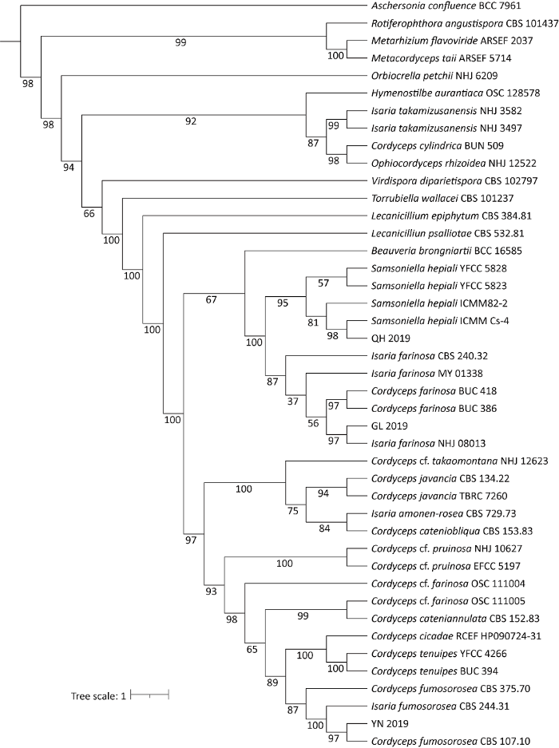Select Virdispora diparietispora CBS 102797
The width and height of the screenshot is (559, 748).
[443, 180]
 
